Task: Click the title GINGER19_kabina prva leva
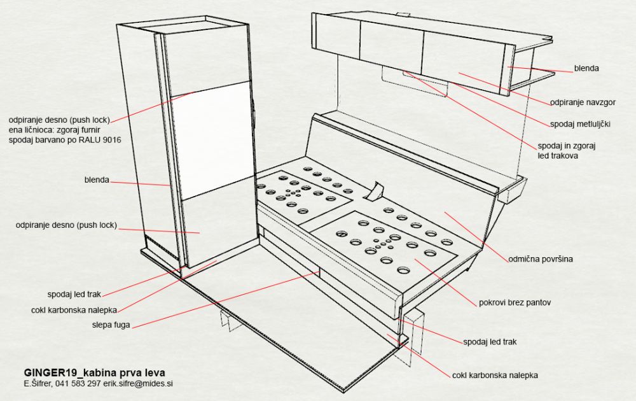(95, 372)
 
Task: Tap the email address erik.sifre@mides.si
(138, 383)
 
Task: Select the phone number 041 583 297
(78, 383)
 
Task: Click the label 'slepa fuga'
(111, 325)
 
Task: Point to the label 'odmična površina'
(541, 258)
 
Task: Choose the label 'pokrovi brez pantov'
(515, 302)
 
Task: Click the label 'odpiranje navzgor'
(583, 102)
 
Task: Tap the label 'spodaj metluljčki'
(580, 123)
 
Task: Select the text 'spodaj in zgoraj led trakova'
(566, 151)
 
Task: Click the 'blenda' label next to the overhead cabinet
(586, 68)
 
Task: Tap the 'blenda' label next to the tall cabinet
(97, 179)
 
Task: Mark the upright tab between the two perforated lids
(375, 191)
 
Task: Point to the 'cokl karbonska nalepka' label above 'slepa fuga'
(74, 310)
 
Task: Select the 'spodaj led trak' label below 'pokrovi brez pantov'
(490, 342)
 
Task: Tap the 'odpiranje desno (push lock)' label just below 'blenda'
(66, 225)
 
